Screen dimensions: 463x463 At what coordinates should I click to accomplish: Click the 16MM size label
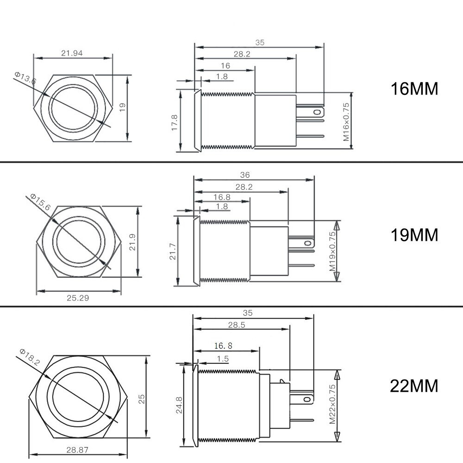point(414,88)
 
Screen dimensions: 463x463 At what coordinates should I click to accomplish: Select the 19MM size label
point(414,235)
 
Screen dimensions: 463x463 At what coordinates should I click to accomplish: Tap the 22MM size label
point(414,386)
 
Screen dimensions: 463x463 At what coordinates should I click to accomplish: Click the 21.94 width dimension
point(72,53)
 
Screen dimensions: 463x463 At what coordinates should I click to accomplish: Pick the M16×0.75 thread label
point(346,122)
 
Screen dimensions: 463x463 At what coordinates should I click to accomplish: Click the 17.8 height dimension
point(174,123)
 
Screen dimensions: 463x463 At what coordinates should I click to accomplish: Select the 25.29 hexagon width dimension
point(78,298)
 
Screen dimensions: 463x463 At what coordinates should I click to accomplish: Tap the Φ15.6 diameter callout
point(40,202)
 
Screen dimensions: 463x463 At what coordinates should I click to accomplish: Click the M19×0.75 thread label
point(332,251)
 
